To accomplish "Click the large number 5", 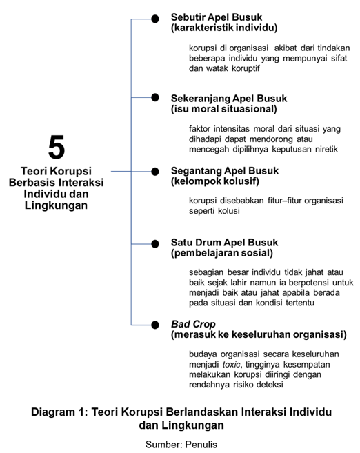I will coord(57,148).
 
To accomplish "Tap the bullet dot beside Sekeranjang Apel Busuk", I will coord(155,99).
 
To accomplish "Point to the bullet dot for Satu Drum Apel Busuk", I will coord(155,243).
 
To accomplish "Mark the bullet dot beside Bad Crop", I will coord(155,324).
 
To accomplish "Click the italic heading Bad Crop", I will coord(194,323).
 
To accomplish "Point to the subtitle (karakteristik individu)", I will coord(224,28).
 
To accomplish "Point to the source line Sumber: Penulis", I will coord(181,445).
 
